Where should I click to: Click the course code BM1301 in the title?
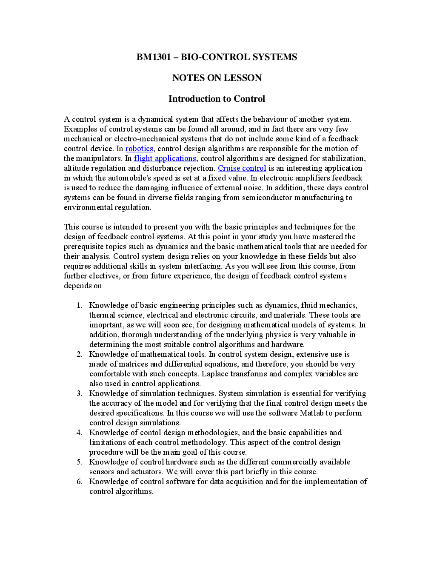coord(154,57)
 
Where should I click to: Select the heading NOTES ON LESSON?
coord(217,78)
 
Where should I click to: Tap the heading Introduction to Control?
coord(217,99)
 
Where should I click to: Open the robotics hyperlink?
coord(139,149)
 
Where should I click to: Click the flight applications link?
coord(165,158)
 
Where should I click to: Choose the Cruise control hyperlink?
coord(242,168)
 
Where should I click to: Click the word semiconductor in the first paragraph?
coord(267,198)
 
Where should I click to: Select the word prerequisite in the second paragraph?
coord(84,247)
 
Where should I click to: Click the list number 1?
coord(79,305)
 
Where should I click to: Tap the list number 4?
coord(79,433)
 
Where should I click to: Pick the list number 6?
coord(79,482)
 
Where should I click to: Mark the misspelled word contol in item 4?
coord(151,433)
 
